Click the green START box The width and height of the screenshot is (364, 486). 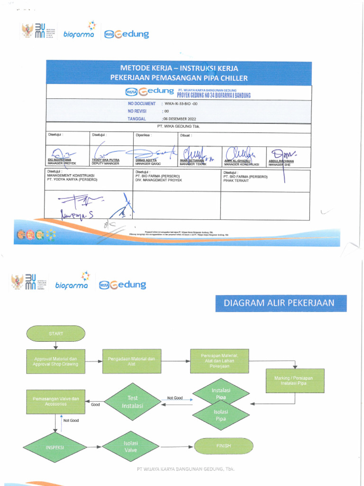55,333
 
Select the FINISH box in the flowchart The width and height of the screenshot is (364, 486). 223,446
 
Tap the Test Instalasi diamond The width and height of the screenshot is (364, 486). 132,402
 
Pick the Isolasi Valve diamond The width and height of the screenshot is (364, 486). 130,447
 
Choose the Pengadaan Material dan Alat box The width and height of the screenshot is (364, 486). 131,362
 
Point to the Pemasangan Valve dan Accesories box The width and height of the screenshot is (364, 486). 55,401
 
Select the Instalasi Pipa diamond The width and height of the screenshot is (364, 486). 220,393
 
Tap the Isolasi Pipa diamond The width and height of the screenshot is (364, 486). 220,416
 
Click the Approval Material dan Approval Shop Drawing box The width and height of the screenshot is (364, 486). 55,361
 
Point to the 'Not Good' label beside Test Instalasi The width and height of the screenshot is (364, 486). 175,398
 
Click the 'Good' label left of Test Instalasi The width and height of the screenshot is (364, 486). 95,405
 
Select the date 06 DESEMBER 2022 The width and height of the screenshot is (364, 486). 180,119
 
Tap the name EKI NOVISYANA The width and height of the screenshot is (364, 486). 59,160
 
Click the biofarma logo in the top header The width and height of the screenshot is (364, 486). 75,34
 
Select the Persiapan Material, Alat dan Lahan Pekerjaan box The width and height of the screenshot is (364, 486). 219,361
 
